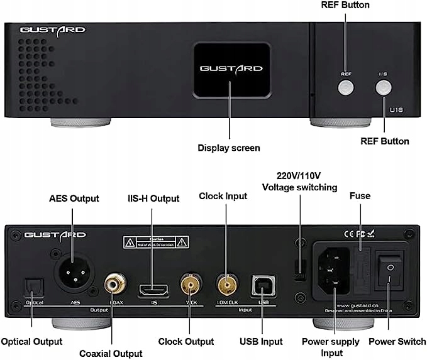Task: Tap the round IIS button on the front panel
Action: coord(383,89)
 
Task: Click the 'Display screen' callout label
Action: coord(229,148)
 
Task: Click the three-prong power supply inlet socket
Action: coord(334,270)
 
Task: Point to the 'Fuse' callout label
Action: coord(360,196)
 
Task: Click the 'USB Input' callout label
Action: coord(261,342)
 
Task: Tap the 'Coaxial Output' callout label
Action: coord(111,353)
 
